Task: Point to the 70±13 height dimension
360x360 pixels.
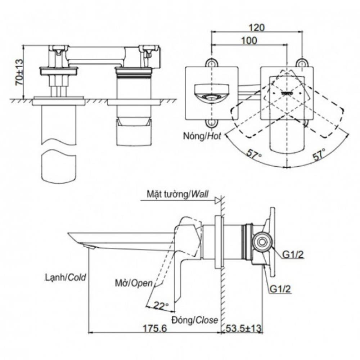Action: click(18, 72)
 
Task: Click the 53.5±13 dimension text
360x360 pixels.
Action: click(244, 328)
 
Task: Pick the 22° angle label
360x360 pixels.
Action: click(161, 306)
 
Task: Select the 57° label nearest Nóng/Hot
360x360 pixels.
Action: click(254, 155)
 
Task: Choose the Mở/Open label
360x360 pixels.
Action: click(134, 283)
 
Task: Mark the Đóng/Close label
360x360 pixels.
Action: click(195, 319)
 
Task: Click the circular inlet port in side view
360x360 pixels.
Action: click(262, 242)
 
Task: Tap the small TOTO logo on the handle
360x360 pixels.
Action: click(287, 93)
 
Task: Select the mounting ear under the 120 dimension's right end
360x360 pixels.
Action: click(302, 63)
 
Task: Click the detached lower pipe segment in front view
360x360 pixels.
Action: click(59, 168)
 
